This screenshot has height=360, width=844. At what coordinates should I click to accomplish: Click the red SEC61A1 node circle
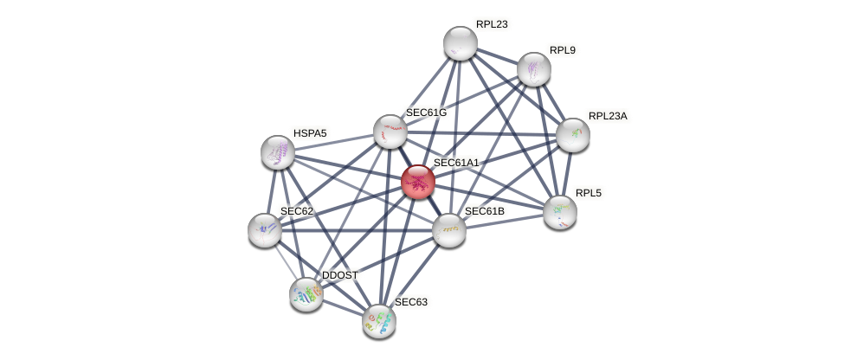pyautogui.click(x=418, y=182)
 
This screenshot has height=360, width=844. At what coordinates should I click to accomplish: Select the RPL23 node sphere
pyautogui.click(x=461, y=43)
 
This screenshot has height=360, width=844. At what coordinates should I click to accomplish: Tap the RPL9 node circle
pyautogui.click(x=534, y=69)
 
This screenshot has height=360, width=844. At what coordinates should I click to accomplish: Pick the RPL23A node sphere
pyautogui.click(x=573, y=134)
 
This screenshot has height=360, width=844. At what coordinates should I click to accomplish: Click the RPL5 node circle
pyautogui.click(x=560, y=212)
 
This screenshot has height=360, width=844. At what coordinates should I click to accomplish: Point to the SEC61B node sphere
pyautogui.click(x=449, y=230)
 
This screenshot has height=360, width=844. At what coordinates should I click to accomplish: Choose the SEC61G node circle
pyautogui.click(x=390, y=131)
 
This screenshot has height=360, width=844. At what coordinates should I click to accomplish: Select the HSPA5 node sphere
pyautogui.click(x=278, y=152)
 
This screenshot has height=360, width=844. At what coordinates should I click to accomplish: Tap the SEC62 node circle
pyautogui.click(x=265, y=230)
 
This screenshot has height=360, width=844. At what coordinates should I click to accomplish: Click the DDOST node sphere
pyautogui.click(x=306, y=294)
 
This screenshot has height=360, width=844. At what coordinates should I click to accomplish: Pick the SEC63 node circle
pyautogui.click(x=379, y=321)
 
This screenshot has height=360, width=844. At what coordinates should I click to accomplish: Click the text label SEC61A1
pyautogui.click(x=456, y=163)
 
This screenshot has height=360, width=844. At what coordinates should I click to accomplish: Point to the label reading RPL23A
pyautogui.click(x=608, y=116)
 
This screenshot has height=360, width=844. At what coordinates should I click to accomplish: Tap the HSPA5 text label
pyautogui.click(x=310, y=133)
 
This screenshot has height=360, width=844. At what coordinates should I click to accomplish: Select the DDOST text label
pyautogui.click(x=339, y=275)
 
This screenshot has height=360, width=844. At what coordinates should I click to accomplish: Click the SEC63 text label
pyautogui.click(x=411, y=302)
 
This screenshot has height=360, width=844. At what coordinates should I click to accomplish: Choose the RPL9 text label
pyautogui.click(x=563, y=50)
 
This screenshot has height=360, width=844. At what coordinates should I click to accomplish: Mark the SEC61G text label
pyautogui.click(x=426, y=112)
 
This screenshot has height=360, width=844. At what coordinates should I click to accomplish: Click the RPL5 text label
pyautogui.click(x=588, y=193)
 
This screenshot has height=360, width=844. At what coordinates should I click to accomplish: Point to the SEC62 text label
pyautogui.click(x=296, y=211)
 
